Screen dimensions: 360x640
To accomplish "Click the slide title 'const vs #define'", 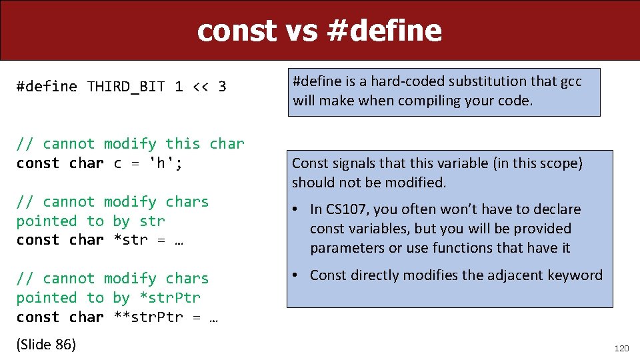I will (319, 31).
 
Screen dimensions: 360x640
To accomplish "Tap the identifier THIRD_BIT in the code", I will (126, 87).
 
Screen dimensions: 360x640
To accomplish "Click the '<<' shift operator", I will (200, 87).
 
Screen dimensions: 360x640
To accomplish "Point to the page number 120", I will (620, 347).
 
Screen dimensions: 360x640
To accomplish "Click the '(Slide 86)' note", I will (46, 345).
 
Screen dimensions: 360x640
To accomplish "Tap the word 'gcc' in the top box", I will (570, 81).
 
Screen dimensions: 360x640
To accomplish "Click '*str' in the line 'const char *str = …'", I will (131, 240).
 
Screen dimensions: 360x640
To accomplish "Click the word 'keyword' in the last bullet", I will (576, 275).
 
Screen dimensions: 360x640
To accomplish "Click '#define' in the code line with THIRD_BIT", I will (47, 87).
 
